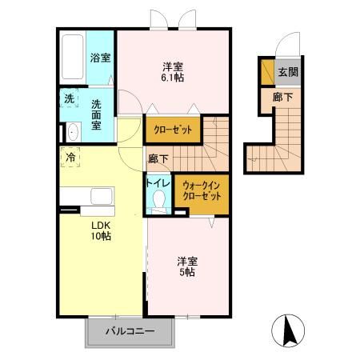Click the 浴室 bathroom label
pos(101,58)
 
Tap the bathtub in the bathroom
pos(72,59)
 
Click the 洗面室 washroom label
pos(98,110)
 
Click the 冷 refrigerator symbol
pos(70,158)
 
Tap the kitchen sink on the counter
pos(101,197)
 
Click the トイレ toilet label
pos(157,183)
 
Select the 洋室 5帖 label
pos(186,266)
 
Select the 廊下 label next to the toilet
pos(157,158)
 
